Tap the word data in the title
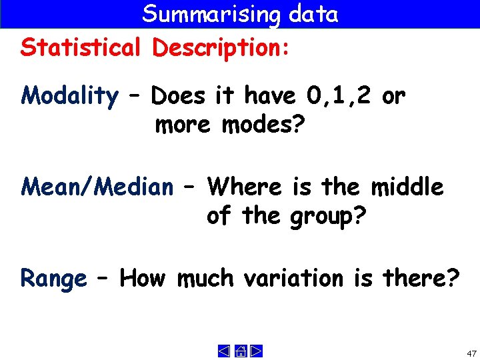pyautogui.click(x=313, y=13)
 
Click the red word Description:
pyautogui.click(x=221, y=48)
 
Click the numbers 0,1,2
pyautogui.click(x=341, y=96)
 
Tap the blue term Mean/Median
pyautogui.click(x=97, y=187)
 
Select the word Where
pyautogui.click(x=245, y=187)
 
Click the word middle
pyautogui.click(x=407, y=187)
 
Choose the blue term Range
pyautogui.click(x=54, y=278)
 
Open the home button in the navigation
pyautogui.click(x=240, y=351)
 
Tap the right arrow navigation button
pyautogui.click(x=255, y=351)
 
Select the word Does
pyautogui.click(x=179, y=97)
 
